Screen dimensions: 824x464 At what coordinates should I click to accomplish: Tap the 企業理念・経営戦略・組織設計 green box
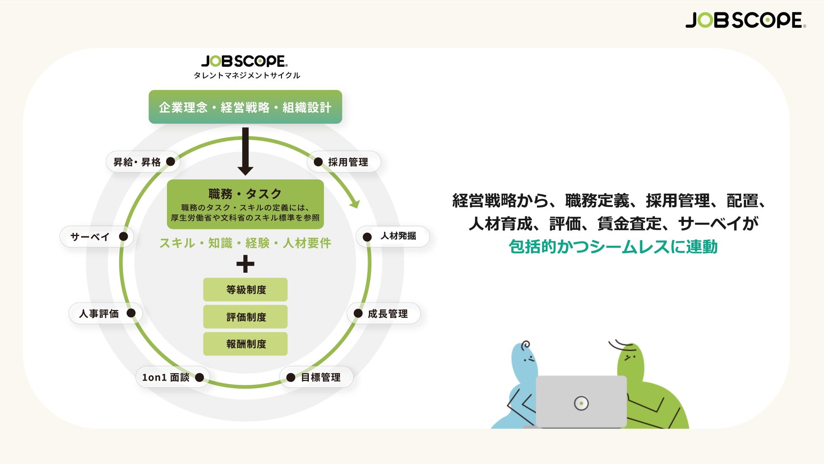coord(245,107)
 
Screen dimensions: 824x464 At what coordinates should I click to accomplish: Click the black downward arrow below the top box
coord(245,152)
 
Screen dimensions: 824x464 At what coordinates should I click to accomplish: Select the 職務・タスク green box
coord(245,204)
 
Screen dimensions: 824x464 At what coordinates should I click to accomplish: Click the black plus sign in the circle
coord(245,264)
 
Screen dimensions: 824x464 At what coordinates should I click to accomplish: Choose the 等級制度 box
coord(245,290)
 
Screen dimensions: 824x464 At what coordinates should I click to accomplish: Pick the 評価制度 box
coord(245,317)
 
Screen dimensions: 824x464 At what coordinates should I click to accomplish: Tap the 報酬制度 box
coord(245,344)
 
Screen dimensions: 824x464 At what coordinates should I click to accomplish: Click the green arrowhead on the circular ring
coord(355,203)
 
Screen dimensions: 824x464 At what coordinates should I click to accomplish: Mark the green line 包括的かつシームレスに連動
coord(613,247)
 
